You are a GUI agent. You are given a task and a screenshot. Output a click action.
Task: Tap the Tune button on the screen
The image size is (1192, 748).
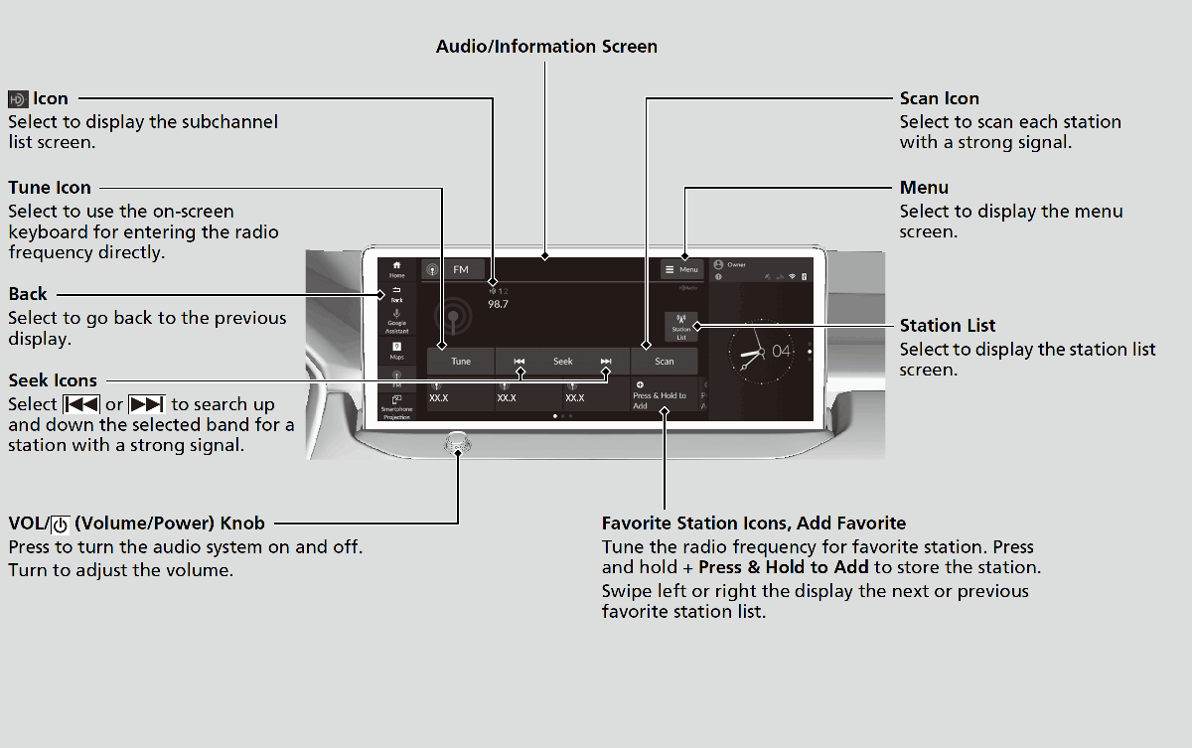pyautogui.click(x=461, y=362)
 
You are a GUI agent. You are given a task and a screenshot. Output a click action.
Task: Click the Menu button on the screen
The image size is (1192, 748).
pyautogui.click(x=681, y=269)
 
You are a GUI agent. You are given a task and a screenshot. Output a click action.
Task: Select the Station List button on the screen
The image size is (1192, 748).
pyautogui.click(x=681, y=328)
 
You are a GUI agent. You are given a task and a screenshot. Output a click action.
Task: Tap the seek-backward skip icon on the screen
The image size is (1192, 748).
pyautogui.click(x=519, y=362)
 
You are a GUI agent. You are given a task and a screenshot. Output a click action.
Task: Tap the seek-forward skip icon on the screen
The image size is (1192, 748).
pyautogui.click(x=606, y=362)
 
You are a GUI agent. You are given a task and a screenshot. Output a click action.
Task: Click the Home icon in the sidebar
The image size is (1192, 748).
pyautogui.click(x=396, y=269)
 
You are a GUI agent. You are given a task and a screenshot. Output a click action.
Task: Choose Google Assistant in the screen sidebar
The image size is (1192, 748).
pyautogui.click(x=396, y=321)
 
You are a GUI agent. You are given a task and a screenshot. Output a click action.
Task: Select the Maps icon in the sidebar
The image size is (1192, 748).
pyautogui.click(x=396, y=350)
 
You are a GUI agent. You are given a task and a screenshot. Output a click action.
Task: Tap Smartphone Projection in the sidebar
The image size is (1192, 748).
pyautogui.click(x=396, y=407)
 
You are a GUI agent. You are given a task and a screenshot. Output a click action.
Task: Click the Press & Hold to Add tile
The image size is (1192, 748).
pyautogui.click(x=663, y=395)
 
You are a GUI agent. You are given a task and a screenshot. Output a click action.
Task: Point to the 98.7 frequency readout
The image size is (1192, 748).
pyautogui.click(x=498, y=304)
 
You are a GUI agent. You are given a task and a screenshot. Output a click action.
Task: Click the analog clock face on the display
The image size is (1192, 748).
pyautogui.click(x=761, y=353)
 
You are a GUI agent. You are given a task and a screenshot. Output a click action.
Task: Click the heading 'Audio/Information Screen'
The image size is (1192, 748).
pyautogui.click(x=546, y=47)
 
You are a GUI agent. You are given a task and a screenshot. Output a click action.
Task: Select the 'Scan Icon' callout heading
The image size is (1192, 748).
pyautogui.click(x=939, y=98)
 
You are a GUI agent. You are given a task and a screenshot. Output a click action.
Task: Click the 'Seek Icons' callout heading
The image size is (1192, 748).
pyautogui.click(x=53, y=380)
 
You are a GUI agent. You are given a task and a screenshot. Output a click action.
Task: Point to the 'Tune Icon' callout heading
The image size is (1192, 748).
pyautogui.click(x=50, y=188)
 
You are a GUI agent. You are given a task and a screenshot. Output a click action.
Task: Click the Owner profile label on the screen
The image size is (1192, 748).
pyautogui.click(x=735, y=265)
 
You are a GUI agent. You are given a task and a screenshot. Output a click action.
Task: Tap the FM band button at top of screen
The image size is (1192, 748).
pyautogui.click(x=454, y=269)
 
